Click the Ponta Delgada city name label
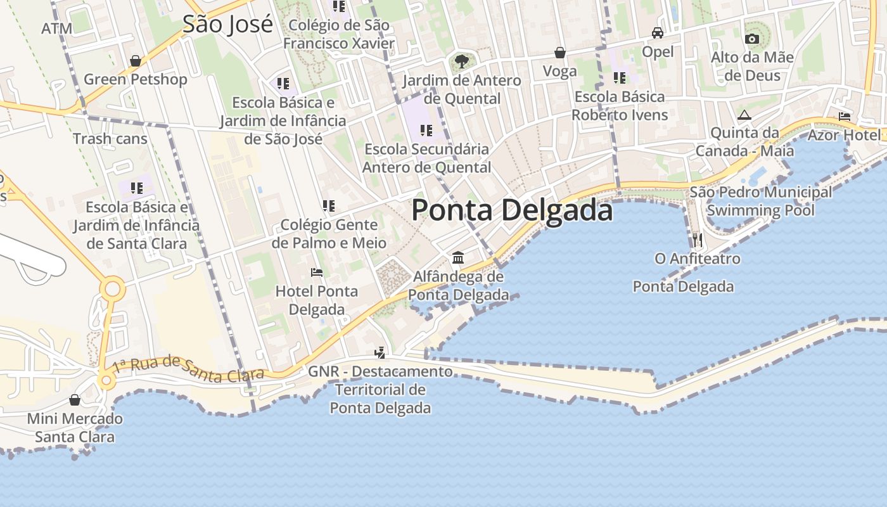(x=512, y=210)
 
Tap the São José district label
(x=227, y=24)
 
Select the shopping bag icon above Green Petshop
(x=135, y=61)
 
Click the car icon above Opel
(x=658, y=33)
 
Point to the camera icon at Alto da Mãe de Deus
(x=752, y=39)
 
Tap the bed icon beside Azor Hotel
(x=845, y=117)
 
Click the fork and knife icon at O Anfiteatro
(x=697, y=240)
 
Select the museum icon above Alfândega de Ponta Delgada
(x=458, y=258)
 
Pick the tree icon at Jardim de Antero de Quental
(x=461, y=61)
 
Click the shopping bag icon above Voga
(x=560, y=53)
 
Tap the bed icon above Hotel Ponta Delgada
(x=317, y=273)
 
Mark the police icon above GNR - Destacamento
(x=380, y=352)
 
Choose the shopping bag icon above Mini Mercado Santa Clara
(x=75, y=400)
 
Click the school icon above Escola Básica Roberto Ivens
(x=619, y=78)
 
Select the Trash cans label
(x=110, y=139)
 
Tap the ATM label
(x=57, y=29)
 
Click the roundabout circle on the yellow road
(x=112, y=289)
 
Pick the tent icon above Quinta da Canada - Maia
(x=744, y=115)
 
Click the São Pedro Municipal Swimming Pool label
(x=760, y=201)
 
